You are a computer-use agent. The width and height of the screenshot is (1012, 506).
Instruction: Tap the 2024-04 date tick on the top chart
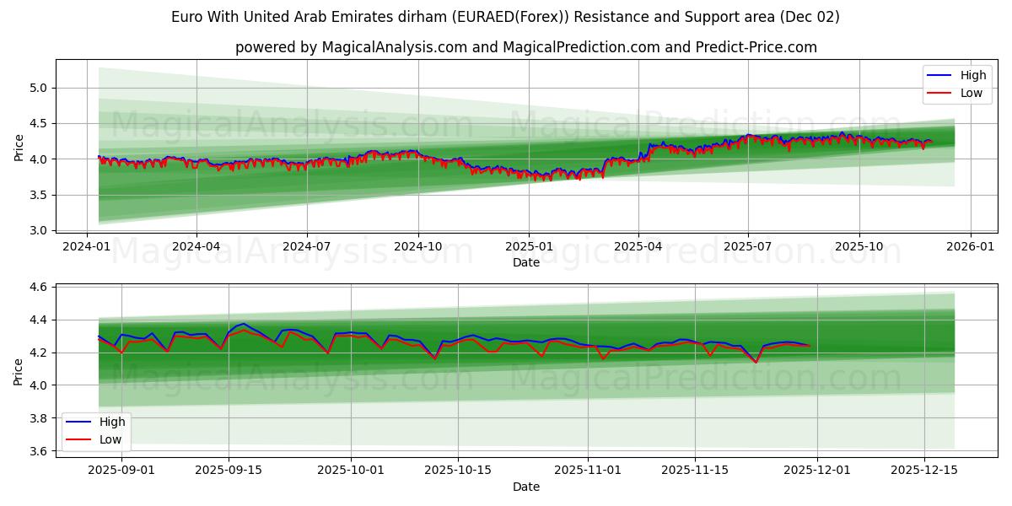196,246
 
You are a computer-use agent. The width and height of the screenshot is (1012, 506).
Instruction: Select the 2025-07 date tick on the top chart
748,246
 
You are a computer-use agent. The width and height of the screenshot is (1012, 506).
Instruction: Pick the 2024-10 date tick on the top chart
418,246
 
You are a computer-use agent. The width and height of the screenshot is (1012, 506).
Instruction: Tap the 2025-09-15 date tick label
229,470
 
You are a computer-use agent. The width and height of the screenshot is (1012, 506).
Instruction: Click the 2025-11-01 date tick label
587,470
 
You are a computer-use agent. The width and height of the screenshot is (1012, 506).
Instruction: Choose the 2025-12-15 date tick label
924,470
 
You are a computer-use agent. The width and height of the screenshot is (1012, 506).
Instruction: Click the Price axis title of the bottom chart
19,370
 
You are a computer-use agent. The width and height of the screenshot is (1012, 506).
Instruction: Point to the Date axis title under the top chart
525,262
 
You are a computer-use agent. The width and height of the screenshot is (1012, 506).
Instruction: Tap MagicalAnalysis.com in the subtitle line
395,47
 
